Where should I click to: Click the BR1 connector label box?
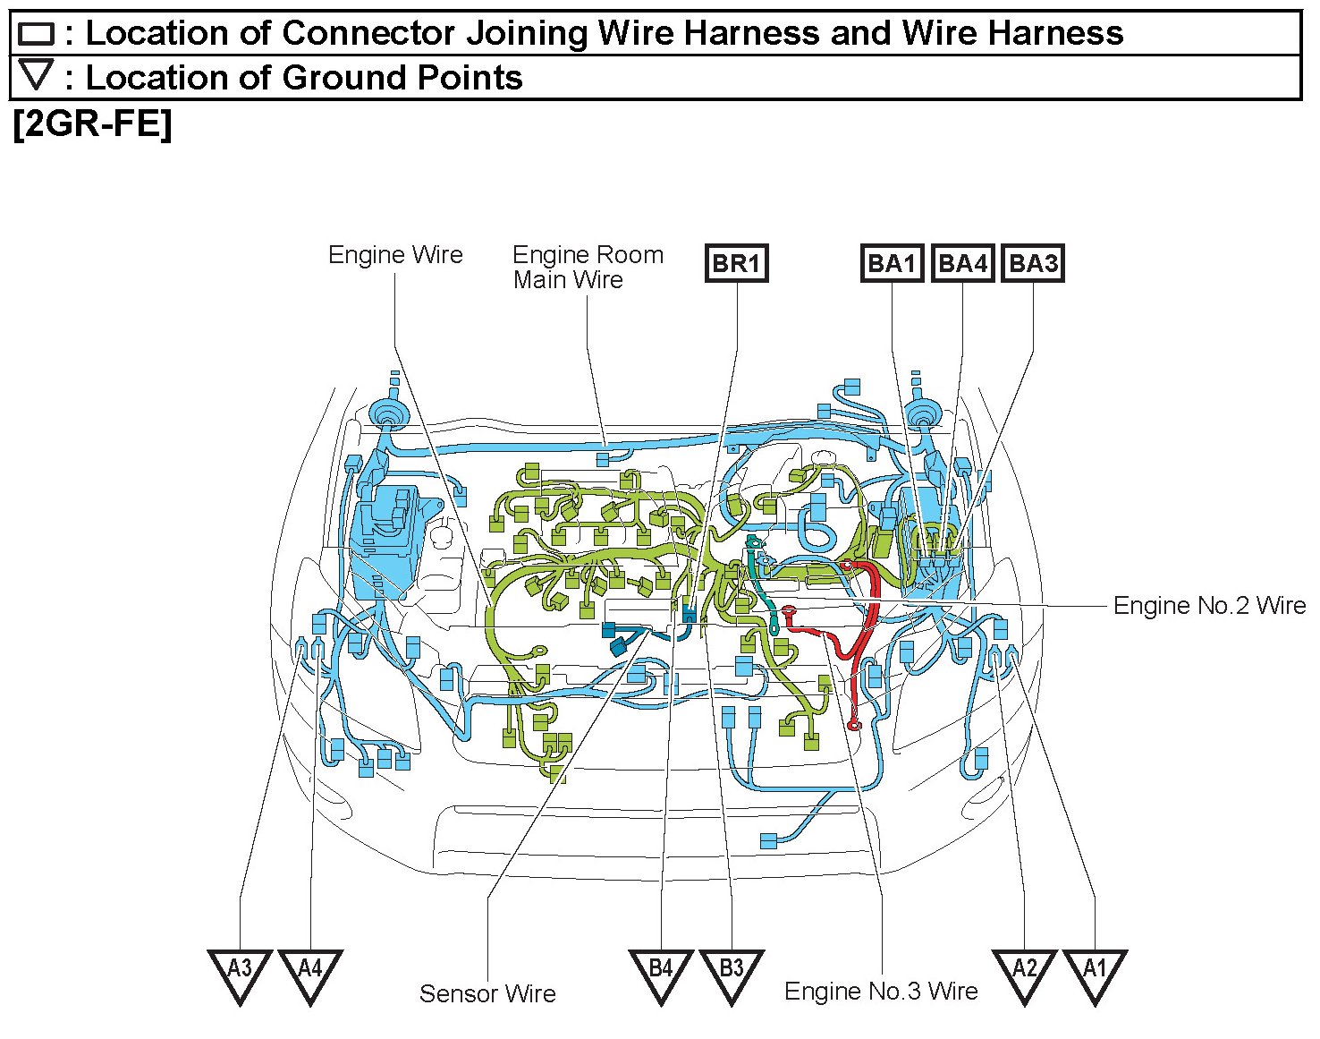737,263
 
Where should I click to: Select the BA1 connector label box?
892,263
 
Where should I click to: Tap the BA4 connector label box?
962,263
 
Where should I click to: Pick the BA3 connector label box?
1033,263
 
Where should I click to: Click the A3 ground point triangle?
240,972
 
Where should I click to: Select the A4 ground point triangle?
310,972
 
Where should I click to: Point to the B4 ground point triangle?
661,972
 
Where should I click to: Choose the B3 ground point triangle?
732,972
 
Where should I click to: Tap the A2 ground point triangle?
1025,972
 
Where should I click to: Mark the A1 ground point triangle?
1096,972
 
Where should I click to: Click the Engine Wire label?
395,255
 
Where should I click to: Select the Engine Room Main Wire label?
588,267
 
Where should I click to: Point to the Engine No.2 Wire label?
1209,606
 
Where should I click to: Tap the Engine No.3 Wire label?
881,992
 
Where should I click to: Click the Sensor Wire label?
487,993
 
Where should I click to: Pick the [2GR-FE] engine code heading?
92,123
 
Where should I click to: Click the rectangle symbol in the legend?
36,35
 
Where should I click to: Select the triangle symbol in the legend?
37,75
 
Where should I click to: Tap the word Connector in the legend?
368,33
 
